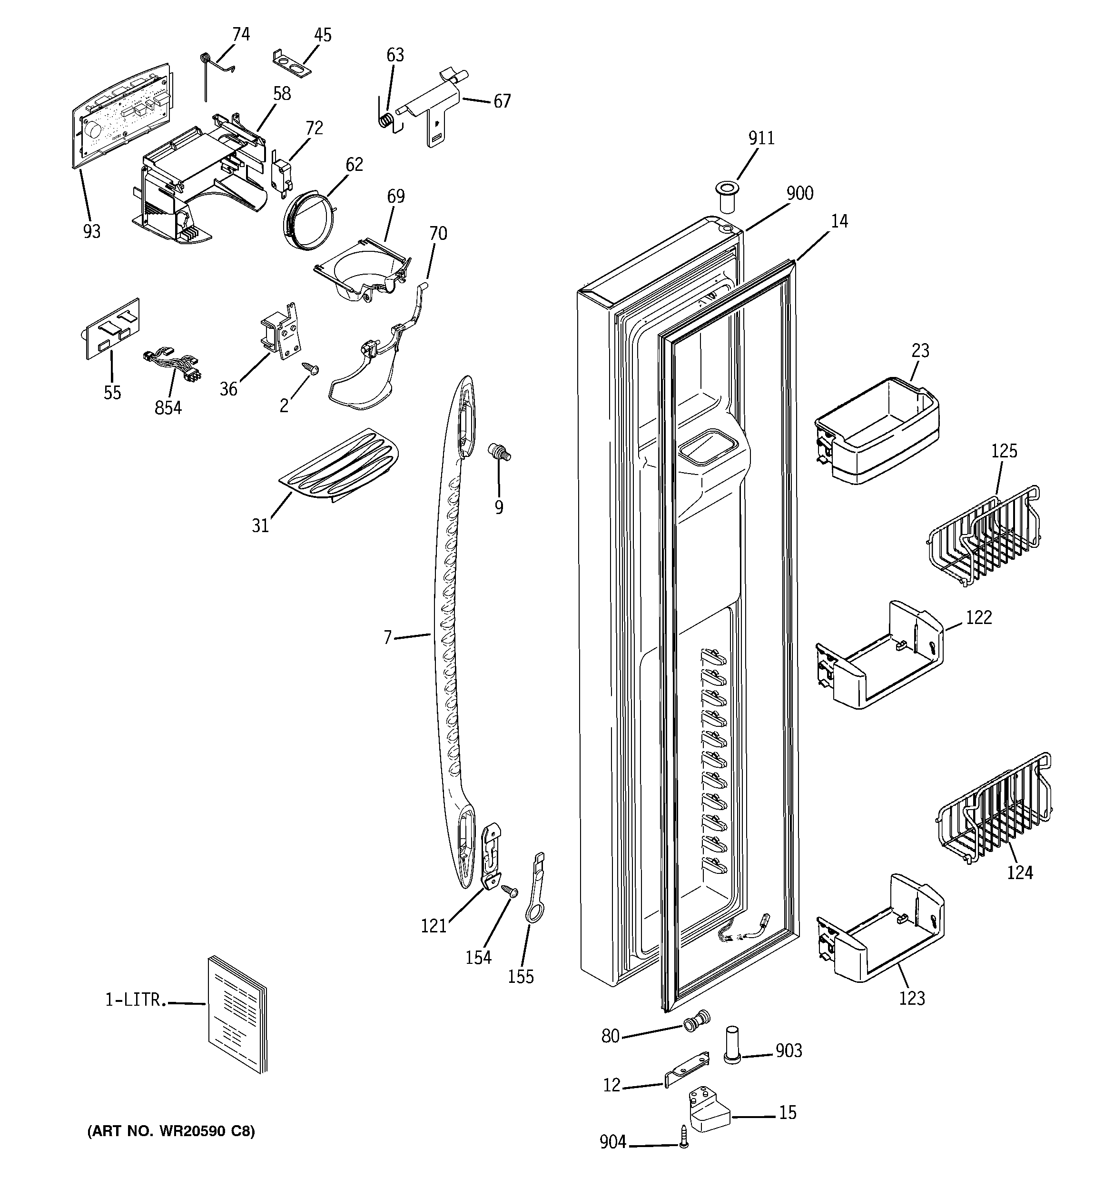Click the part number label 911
click(761, 138)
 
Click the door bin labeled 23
click(877, 430)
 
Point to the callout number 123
click(911, 998)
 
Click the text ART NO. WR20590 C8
click(171, 1130)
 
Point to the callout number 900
click(799, 194)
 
